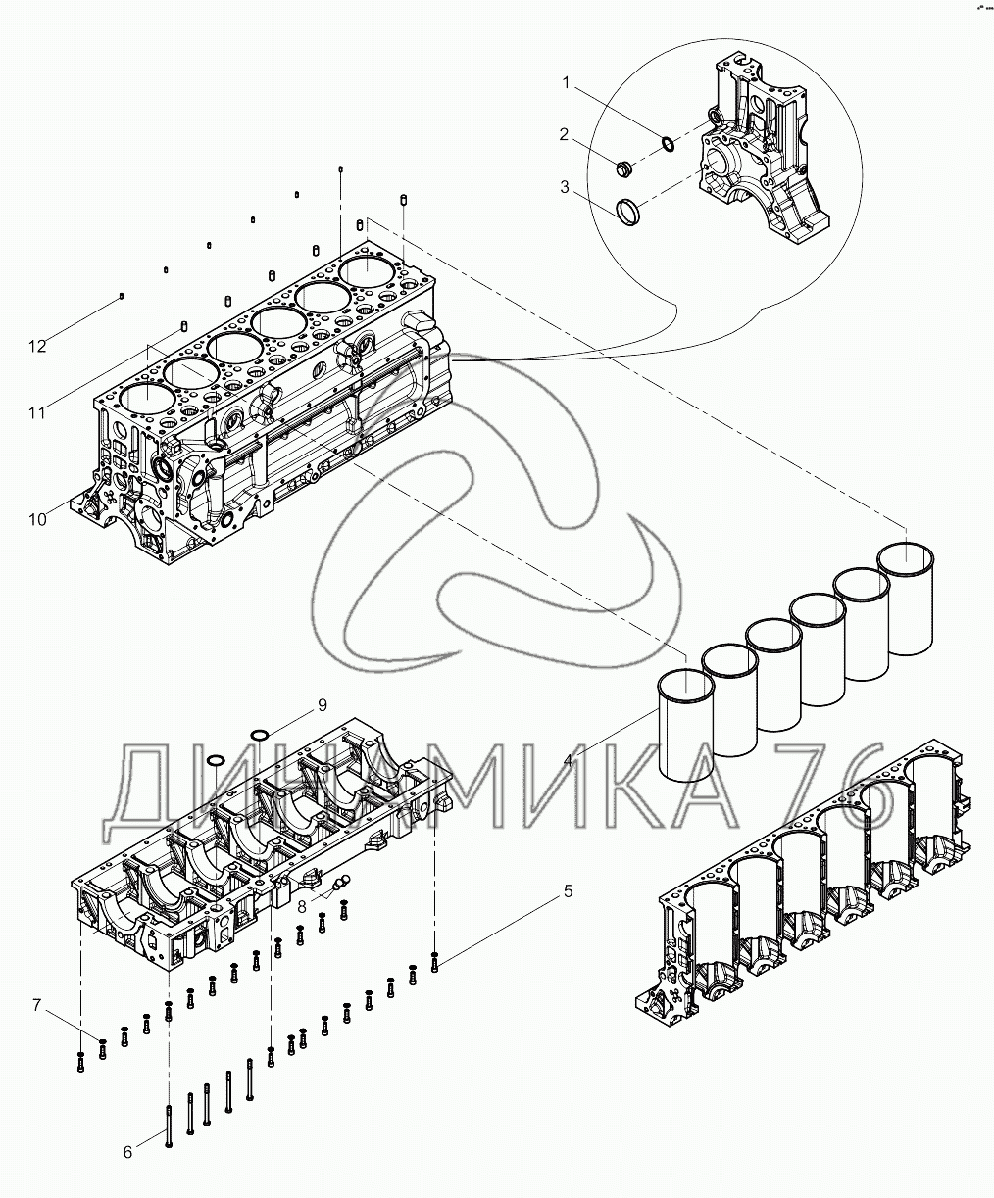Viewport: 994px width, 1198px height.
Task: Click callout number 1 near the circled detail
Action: (x=566, y=84)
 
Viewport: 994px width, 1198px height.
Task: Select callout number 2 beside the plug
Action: (x=565, y=134)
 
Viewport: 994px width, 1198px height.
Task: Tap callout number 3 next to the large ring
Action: (x=565, y=187)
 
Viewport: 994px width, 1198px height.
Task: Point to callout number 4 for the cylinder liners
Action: (x=568, y=761)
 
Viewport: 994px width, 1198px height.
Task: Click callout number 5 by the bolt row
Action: (x=568, y=891)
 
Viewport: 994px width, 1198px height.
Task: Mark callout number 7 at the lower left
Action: (x=37, y=1005)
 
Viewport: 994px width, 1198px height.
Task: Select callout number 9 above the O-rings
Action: (x=323, y=705)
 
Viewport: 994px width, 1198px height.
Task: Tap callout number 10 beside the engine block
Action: (x=37, y=520)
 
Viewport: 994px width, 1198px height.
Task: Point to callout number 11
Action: (x=37, y=413)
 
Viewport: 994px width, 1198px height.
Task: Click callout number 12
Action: (x=37, y=346)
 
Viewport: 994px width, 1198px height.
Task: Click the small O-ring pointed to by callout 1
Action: (x=668, y=144)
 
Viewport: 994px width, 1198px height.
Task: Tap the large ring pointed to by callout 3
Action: (x=627, y=213)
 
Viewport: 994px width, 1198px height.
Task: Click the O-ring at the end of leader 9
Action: (x=259, y=734)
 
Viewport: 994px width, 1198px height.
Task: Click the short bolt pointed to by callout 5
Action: (x=434, y=961)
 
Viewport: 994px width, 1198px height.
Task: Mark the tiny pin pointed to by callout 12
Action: (x=122, y=296)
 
